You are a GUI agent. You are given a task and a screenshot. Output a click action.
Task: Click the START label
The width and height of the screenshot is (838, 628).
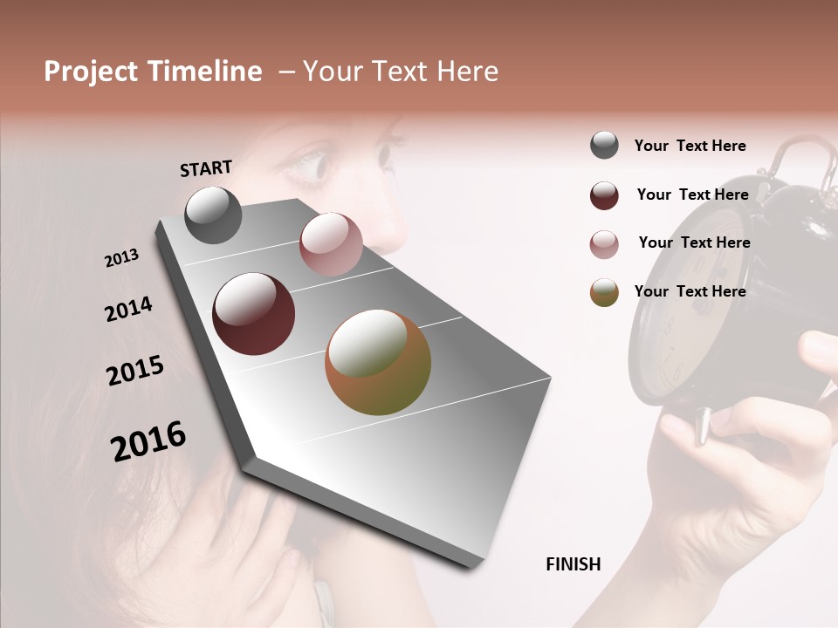coord(206,167)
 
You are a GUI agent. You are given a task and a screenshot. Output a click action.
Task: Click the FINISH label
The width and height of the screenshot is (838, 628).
coord(573,564)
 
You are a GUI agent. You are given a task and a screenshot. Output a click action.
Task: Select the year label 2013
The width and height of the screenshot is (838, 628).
coord(121,258)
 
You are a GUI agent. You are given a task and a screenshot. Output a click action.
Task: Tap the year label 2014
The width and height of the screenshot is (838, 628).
coord(128,309)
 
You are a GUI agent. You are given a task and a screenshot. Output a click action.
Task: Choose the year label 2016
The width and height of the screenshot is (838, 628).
coord(148,440)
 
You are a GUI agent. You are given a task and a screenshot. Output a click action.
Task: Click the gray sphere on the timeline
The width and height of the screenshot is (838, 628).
coord(213,215)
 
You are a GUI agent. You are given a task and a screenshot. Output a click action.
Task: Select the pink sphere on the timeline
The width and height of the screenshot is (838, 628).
coord(331,244)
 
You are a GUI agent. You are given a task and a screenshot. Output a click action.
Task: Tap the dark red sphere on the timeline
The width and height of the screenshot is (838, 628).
coord(253,314)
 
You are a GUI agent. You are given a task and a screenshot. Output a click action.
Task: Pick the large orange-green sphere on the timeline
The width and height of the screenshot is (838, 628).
coord(378,362)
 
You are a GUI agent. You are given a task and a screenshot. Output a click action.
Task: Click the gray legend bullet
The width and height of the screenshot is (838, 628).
coord(604,146)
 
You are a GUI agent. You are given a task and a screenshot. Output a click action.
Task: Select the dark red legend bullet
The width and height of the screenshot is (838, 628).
coord(604,195)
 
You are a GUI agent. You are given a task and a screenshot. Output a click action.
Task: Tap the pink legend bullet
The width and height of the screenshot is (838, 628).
coord(604,244)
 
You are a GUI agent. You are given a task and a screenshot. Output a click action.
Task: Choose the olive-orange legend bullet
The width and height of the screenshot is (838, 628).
coord(604,292)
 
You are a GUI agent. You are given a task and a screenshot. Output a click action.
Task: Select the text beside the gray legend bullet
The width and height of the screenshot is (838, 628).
coord(690,146)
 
